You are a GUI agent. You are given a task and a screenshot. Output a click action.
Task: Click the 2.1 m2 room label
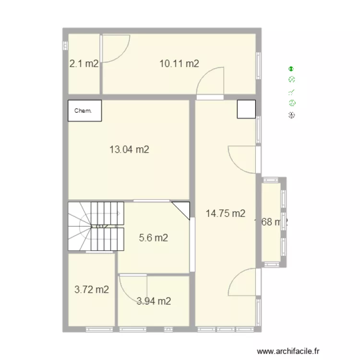84,63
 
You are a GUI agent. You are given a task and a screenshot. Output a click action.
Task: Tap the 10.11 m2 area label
179,63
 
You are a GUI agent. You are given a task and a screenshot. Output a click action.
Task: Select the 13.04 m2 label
129,149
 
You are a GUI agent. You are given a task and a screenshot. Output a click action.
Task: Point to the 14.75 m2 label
226,214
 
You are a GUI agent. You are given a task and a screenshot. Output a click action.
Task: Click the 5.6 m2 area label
153,238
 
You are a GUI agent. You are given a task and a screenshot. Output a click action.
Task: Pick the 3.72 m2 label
91,289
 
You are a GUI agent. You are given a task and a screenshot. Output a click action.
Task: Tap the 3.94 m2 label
154,301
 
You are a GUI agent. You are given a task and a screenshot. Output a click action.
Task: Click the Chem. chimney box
84,110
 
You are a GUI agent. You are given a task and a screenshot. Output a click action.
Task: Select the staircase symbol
95,226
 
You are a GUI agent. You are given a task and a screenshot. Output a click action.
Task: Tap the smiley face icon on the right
292,103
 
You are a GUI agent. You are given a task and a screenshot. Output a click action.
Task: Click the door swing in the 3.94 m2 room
131,286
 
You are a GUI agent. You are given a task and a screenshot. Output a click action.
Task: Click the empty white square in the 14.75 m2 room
247,109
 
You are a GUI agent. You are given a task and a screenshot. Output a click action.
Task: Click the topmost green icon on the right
291,69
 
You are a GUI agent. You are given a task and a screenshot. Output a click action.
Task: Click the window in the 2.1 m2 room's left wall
64,45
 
